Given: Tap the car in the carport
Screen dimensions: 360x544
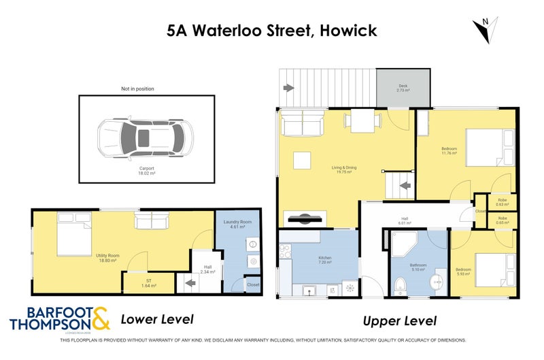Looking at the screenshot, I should pos(143,137).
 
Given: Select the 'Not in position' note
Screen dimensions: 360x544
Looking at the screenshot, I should pos(137,88).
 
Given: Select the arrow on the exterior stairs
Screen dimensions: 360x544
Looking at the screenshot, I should pos(288,88).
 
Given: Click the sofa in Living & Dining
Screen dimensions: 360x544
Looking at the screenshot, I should pos(303,124).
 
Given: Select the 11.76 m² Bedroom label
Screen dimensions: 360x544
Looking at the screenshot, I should pos(449,150).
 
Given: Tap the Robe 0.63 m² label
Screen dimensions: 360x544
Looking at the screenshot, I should pos(503,202).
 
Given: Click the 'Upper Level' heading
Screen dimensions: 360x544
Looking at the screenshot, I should pos(399,321).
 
